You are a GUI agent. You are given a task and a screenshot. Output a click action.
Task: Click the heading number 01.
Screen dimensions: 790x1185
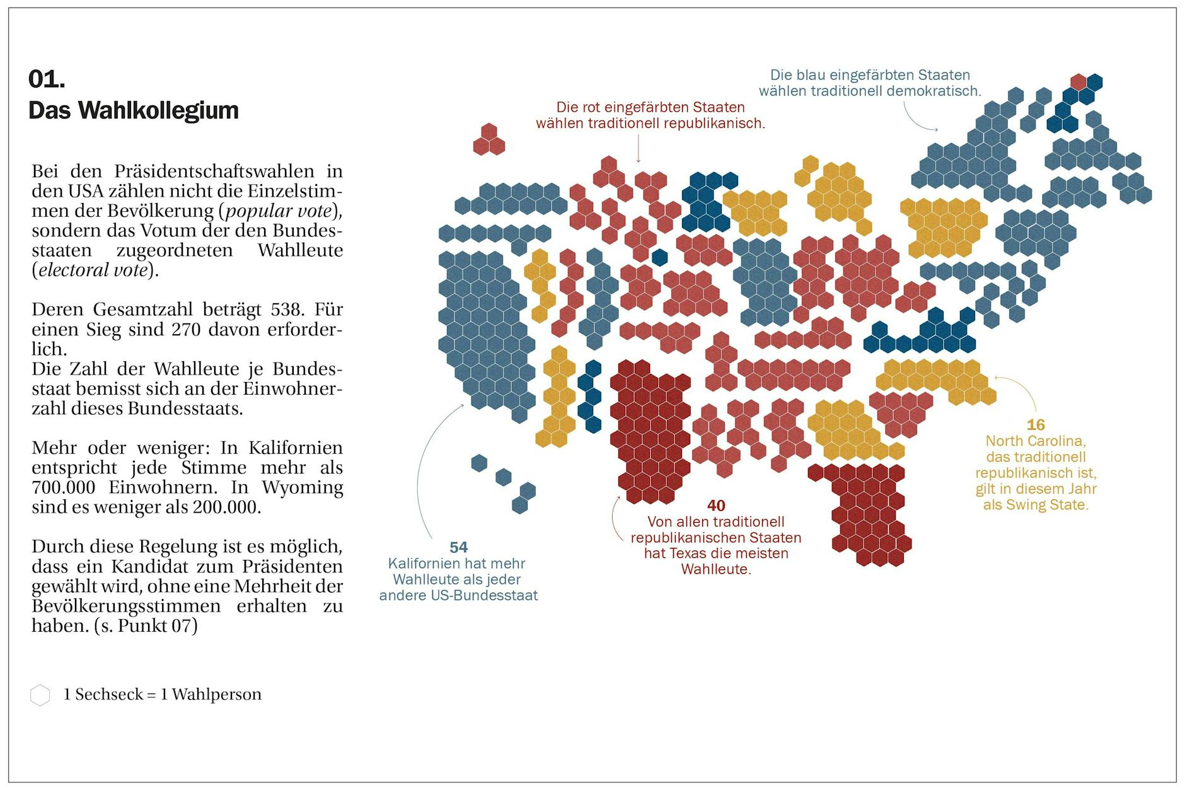click(47, 79)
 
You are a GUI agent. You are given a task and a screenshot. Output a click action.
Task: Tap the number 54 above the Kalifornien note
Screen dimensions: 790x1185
click(458, 547)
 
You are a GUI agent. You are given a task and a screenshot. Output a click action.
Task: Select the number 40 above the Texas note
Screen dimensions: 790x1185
click(716, 506)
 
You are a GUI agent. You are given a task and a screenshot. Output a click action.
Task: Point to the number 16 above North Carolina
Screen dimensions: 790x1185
click(1036, 425)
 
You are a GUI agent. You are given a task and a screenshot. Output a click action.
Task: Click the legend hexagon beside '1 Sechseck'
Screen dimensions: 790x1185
click(40, 695)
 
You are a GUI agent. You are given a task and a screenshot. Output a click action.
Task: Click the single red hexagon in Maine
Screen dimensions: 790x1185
click(1078, 81)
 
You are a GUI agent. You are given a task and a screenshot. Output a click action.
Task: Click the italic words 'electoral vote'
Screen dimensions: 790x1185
click(93, 270)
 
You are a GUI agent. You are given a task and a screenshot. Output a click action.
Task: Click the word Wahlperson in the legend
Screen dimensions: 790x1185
click(217, 695)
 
